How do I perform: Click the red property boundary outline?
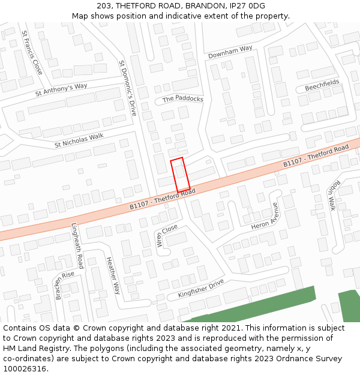pyautogui.click(x=180, y=175)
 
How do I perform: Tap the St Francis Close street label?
pyautogui.click(x=32, y=52)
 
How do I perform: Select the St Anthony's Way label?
pyautogui.click(x=61, y=89)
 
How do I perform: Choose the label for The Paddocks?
pyautogui.click(x=183, y=99)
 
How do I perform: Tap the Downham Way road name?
pyautogui.click(x=230, y=52)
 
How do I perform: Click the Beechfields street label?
pyautogui.click(x=322, y=85)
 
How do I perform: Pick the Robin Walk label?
pyautogui.click(x=333, y=196)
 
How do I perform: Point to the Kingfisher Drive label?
pyautogui.click(x=200, y=289)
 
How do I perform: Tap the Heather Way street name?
pyautogui.click(x=113, y=275)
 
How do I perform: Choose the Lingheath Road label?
pyautogui.click(x=77, y=245)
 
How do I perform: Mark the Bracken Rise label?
pyautogui.click(x=65, y=285)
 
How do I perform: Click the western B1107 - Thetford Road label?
pyautogui.click(x=163, y=198)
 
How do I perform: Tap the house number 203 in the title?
pyautogui.click(x=103, y=6)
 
